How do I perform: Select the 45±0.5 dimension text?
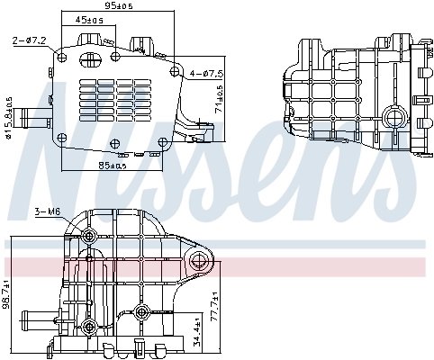click(x=88, y=19)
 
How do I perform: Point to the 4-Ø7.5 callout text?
click(x=208, y=73)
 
